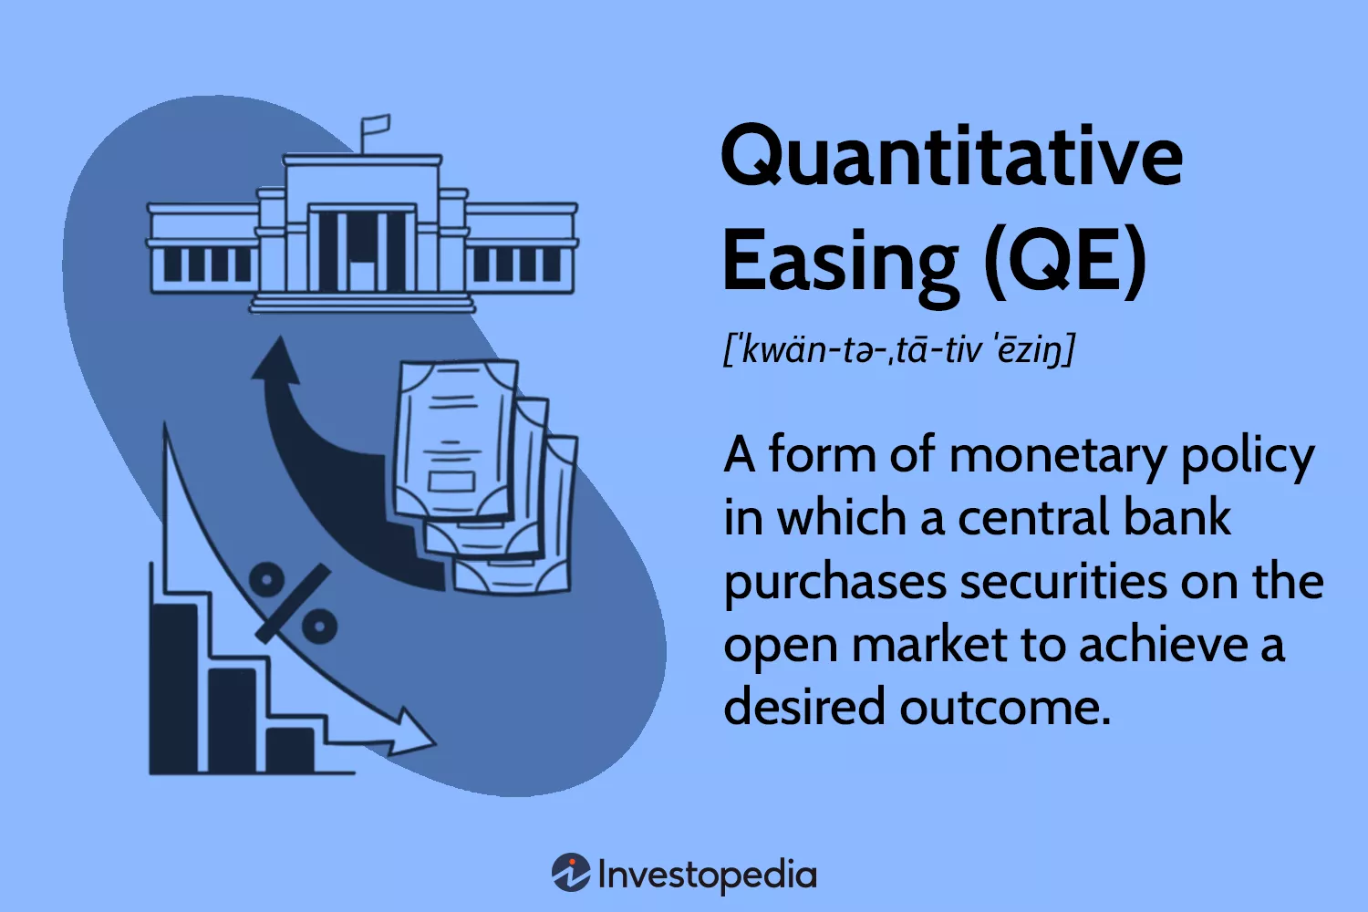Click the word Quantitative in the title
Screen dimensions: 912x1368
click(x=951, y=157)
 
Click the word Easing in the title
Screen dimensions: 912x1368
click(x=839, y=262)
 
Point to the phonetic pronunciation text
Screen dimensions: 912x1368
click(x=899, y=349)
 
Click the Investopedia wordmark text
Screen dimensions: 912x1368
click(x=707, y=876)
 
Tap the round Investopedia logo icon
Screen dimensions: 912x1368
click(x=571, y=873)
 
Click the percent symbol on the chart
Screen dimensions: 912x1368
click(x=293, y=602)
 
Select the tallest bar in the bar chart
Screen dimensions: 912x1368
click(x=174, y=689)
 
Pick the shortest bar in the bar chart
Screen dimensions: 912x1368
click(x=290, y=750)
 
